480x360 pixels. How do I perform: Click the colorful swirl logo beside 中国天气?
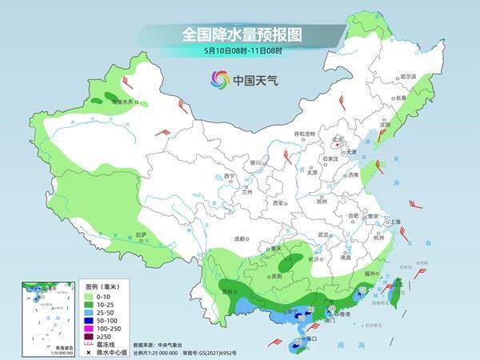pyautogui.click(x=219, y=79)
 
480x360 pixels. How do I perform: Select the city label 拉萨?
pyautogui.click(x=141, y=234)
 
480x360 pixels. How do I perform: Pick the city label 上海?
pyautogui.click(x=394, y=222)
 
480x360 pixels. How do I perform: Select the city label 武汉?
pyautogui.click(x=323, y=234)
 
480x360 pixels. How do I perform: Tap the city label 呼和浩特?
pyautogui.click(x=305, y=134)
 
